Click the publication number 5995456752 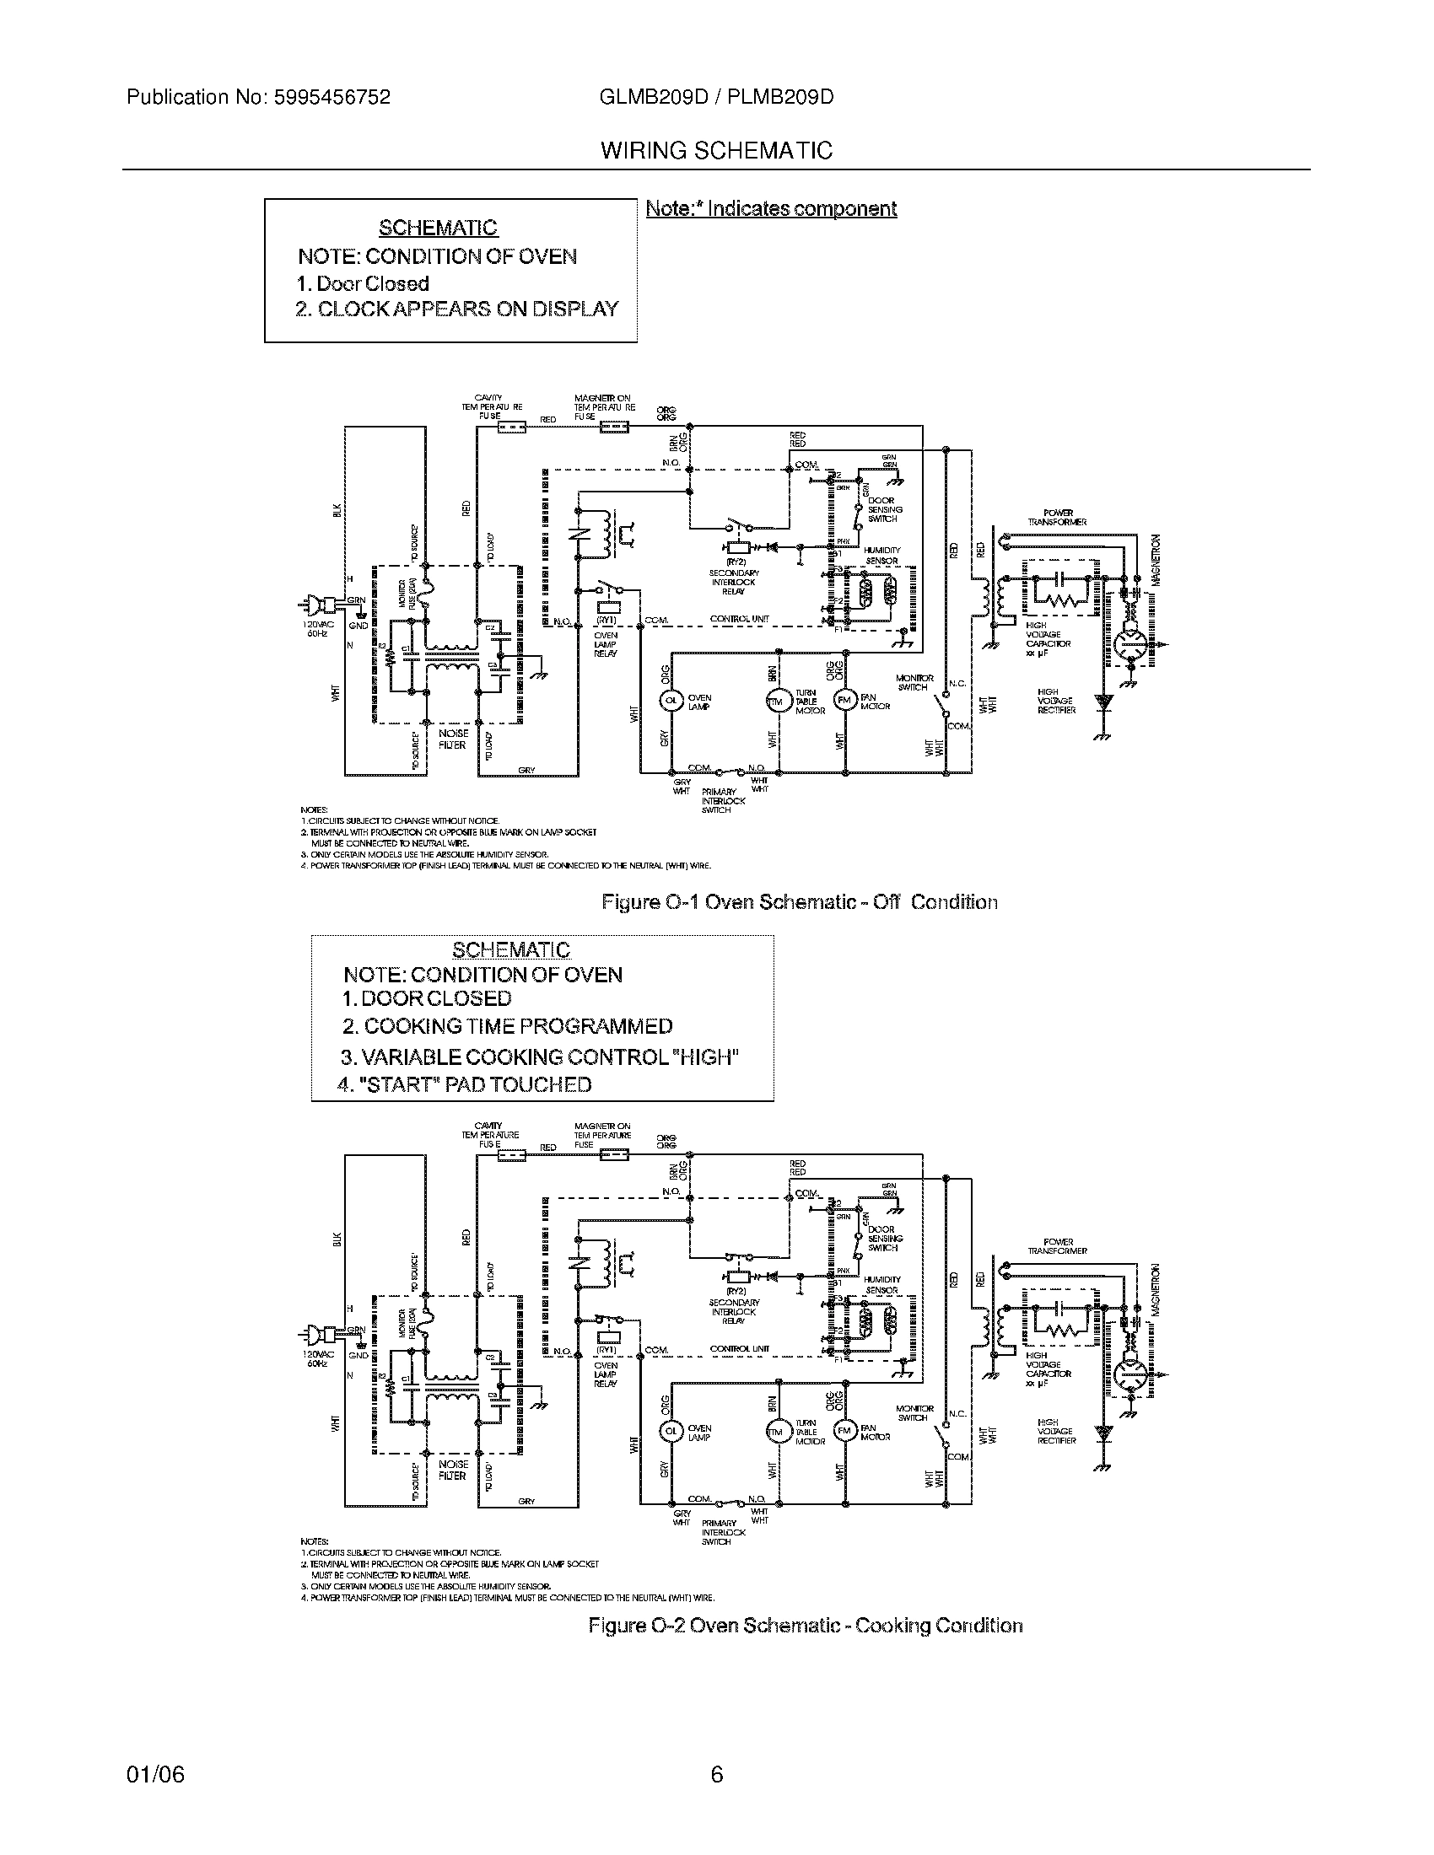(x=332, y=98)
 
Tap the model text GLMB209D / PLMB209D (x=716, y=98)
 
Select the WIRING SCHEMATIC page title (x=716, y=151)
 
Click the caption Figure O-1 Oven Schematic (x=799, y=902)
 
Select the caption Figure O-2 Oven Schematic (x=806, y=1626)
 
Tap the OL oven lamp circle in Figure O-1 (x=671, y=699)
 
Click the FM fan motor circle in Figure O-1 (x=844, y=699)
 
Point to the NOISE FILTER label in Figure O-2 (x=453, y=1471)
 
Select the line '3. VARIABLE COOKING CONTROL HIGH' (x=540, y=1057)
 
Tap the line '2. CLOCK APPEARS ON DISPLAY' (x=457, y=309)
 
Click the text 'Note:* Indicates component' (x=770, y=209)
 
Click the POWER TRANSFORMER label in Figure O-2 (x=1058, y=1246)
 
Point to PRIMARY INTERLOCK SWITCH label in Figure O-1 (x=723, y=800)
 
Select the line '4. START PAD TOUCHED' (x=464, y=1084)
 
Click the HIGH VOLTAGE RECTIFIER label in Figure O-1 (x=1056, y=701)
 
